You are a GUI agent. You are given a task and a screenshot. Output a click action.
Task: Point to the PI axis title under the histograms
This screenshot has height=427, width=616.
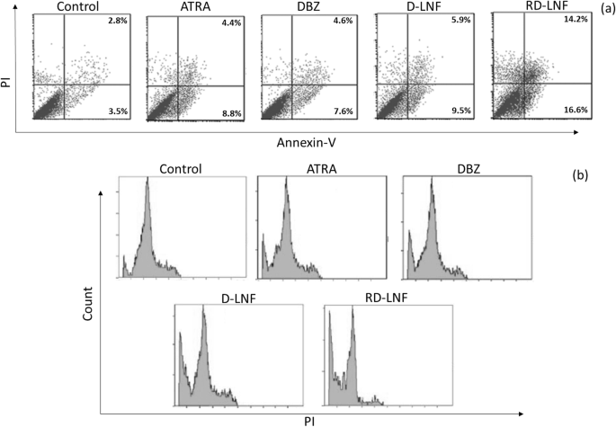pos(311,419)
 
